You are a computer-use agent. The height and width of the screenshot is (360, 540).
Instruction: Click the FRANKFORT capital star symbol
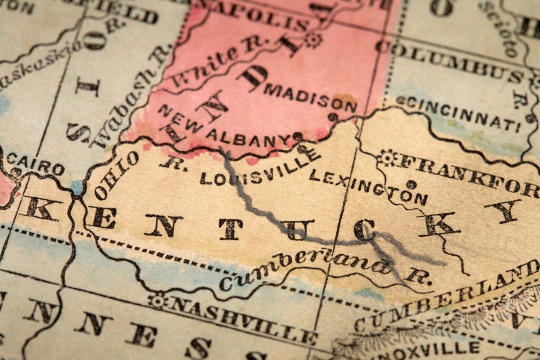tap(387, 157)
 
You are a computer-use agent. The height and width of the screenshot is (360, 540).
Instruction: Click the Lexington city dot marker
tap(411, 184)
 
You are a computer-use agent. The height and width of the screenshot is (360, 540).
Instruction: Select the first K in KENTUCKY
tap(38, 208)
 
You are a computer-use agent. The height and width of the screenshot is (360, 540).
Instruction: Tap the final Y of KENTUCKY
tap(503, 211)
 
